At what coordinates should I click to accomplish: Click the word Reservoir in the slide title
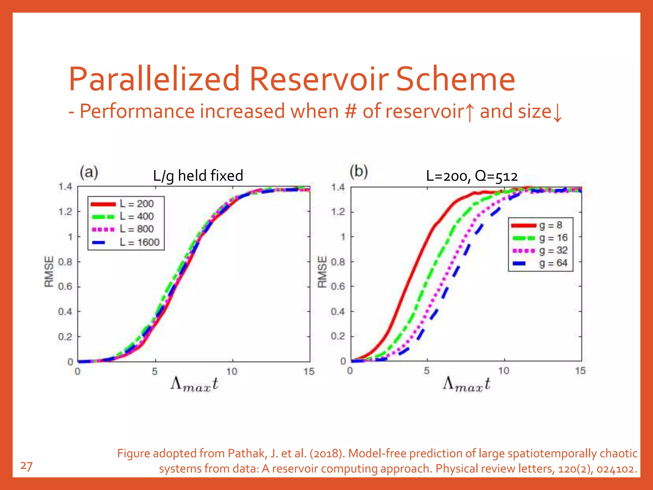pyautogui.click(x=319, y=79)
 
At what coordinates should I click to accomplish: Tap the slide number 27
pyautogui.click(x=26, y=466)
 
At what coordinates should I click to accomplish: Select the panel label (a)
pyautogui.click(x=89, y=173)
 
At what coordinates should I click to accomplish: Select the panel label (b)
pyautogui.click(x=359, y=172)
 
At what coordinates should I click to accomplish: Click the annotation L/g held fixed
pyautogui.click(x=198, y=176)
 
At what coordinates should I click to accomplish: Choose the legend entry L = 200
pyautogui.click(x=136, y=204)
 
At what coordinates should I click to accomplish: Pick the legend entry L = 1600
pyautogui.click(x=139, y=242)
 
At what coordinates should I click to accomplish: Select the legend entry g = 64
pyautogui.click(x=553, y=263)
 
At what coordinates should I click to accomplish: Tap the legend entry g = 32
pyautogui.click(x=553, y=250)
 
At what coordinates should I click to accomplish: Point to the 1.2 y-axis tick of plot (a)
pyautogui.click(x=65, y=212)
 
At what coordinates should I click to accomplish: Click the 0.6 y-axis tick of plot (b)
pyautogui.click(x=338, y=286)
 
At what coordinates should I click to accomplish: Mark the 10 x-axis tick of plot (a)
pyautogui.click(x=232, y=372)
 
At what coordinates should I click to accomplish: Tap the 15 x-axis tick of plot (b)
pyautogui.click(x=580, y=371)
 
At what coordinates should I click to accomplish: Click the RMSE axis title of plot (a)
pyautogui.click(x=49, y=271)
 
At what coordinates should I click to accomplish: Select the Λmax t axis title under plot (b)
pyautogui.click(x=466, y=384)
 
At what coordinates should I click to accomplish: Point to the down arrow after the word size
pyautogui.click(x=557, y=113)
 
